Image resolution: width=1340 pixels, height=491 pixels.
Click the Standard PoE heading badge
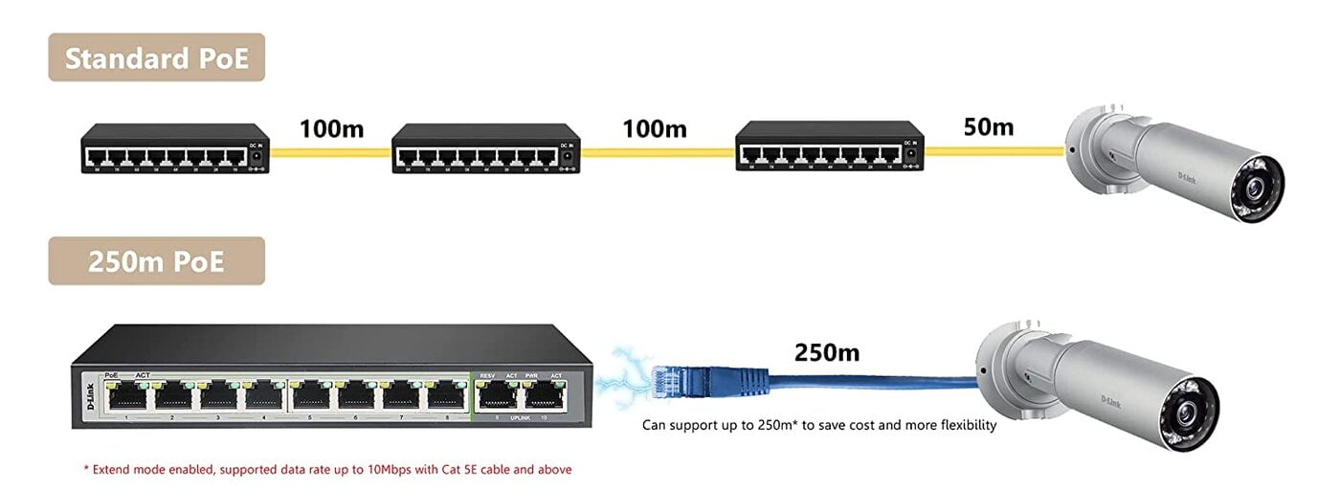click(x=156, y=58)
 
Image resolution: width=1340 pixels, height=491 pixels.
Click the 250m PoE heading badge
click(x=156, y=261)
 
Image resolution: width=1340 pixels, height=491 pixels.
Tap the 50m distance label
click(x=988, y=126)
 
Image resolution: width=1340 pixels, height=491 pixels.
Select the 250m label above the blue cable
click(x=827, y=352)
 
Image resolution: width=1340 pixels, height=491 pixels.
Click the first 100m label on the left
click(x=331, y=128)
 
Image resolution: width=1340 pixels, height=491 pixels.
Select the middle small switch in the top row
click(x=486, y=148)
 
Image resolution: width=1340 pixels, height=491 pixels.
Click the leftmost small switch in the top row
click(x=174, y=148)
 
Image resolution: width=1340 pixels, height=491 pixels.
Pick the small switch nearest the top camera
click(x=829, y=145)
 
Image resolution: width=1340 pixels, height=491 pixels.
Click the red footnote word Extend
click(x=113, y=470)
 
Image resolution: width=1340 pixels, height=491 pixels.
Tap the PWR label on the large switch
click(x=531, y=375)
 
